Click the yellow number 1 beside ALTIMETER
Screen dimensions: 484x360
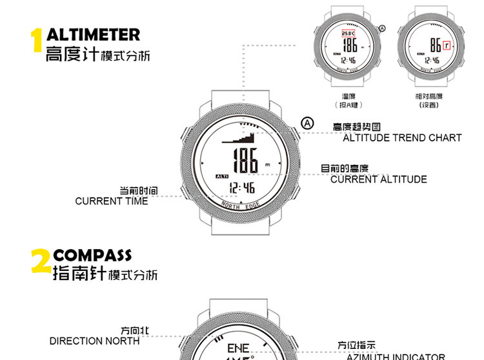pos(37,40)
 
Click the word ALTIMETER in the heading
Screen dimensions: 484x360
pos(93,34)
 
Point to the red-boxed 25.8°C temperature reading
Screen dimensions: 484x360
pos(349,34)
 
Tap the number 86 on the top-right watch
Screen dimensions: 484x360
pos(436,46)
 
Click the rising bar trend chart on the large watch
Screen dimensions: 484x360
pos(240,137)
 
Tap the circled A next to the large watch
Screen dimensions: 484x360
pos(308,123)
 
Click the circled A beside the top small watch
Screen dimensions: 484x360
pos(381,28)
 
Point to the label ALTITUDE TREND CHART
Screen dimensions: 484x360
pos(402,137)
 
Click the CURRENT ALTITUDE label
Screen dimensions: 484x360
pos(379,179)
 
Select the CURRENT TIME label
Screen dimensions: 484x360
pos(111,201)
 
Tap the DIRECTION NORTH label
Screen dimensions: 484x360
pos(94,341)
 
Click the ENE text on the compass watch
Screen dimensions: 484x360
pos(237,348)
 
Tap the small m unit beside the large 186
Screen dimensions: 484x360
pos(267,165)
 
